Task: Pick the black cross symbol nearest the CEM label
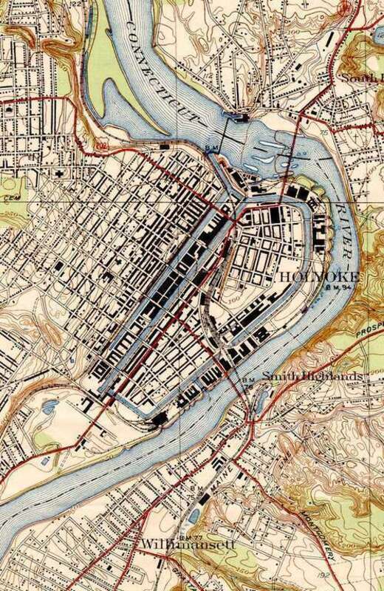pos(60,171)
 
